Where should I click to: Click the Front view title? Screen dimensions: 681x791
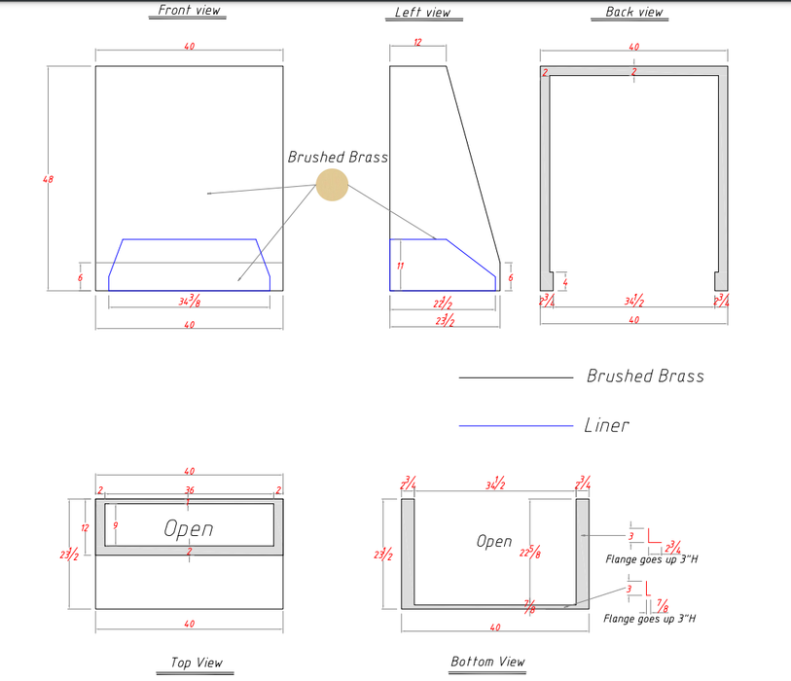point(190,11)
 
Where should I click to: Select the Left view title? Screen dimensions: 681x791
point(423,13)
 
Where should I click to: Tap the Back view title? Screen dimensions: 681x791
point(634,12)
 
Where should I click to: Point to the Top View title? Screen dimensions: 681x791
point(197,663)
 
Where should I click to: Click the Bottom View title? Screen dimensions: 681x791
point(487,662)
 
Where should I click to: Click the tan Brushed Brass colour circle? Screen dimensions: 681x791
point(332,185)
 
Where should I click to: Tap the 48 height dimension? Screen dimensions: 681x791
point(49,179)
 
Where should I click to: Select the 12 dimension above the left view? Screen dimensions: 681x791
point(417,43)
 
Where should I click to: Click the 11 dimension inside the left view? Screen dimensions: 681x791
point(401,266)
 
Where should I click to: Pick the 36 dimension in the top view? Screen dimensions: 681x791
point(189,489)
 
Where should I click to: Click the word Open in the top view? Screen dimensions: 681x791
point(189,528)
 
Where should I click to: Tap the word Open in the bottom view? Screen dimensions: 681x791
point(494,541)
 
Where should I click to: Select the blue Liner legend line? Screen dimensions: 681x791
point(516,425)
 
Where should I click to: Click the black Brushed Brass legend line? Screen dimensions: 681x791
point(516,376)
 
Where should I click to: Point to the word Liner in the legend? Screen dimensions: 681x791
point(607,425)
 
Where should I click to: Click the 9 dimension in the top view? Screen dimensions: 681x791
point(116,525)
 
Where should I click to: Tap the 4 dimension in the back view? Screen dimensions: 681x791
point(565,282)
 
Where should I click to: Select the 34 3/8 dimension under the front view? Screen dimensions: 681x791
point(190,302)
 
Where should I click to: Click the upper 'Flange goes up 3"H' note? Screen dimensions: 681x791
point(651,559)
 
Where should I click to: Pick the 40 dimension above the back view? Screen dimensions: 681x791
point(634,47)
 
